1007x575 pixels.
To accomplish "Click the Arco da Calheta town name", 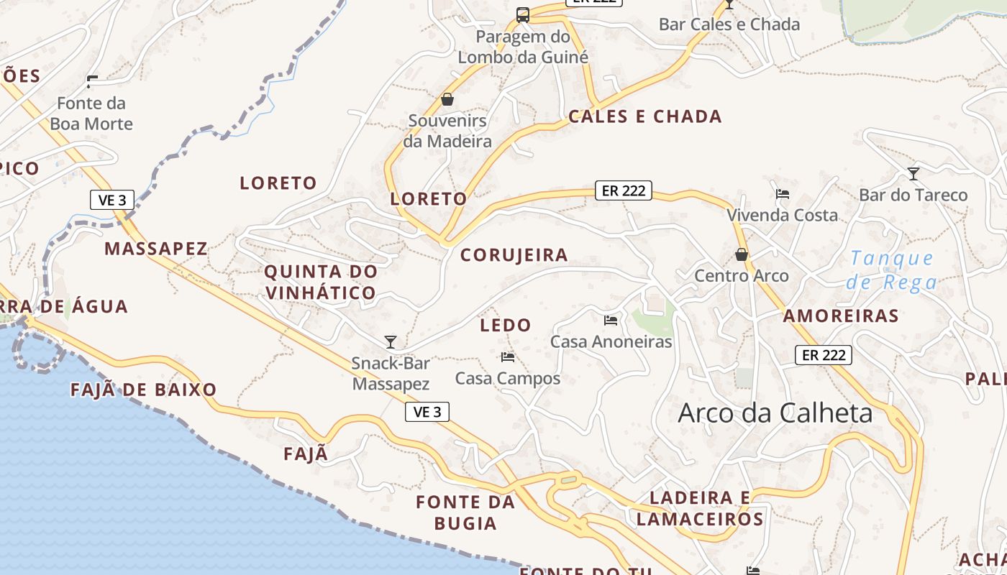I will [775, 413].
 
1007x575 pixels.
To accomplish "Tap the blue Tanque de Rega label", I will [892, 270].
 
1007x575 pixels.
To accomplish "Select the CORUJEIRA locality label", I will [514, 254].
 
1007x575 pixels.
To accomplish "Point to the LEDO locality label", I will [506, 325].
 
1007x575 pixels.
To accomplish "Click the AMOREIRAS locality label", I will [841, 316].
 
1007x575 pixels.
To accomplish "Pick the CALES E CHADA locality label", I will [644, 116].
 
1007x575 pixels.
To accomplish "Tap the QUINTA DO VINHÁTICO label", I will [321, 282].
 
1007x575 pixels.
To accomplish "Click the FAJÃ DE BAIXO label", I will [144, 390].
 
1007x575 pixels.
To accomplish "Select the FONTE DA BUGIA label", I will [465, 512].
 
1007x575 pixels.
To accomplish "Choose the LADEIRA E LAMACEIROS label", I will [700, 508].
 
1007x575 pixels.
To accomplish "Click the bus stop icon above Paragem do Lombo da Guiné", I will [523, 15].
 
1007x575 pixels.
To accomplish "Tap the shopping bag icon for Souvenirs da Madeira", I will [447, 99].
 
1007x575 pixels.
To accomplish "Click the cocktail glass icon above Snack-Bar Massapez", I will [391, 341].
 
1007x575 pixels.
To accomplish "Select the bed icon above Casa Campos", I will [508, 356].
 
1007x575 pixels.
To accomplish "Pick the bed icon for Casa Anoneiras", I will [611, 320].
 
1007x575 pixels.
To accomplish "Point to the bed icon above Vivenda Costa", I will [783, 194].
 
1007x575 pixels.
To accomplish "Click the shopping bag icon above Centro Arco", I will [742, 254].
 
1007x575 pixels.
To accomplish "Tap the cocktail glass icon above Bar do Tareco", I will [913, 173].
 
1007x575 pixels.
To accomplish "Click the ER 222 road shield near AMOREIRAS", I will [824, 354].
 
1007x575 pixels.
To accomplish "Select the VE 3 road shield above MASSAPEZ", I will [112, 200].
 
